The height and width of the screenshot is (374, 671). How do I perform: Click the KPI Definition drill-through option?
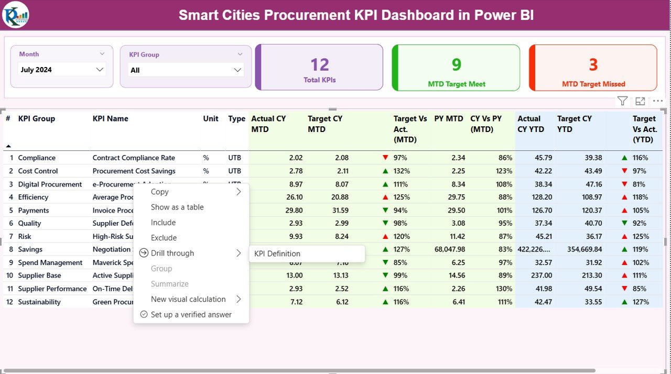click(x=277, y=254)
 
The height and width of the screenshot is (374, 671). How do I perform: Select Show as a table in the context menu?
click(x=177, y=207)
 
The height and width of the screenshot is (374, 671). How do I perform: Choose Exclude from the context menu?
click(x=164, y=238)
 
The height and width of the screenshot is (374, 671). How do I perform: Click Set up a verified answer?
click(x=191, y=315)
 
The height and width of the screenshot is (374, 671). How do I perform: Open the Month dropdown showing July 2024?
click(x=62, y=70)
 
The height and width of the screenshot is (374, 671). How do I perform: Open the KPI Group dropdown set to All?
click(x=186, y=70)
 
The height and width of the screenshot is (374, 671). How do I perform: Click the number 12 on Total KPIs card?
click(x=319, y=64)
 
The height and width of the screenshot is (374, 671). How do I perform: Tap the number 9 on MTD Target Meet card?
click(x=456, y=64)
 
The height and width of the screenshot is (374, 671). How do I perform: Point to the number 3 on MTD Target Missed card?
click(x=593, y=64)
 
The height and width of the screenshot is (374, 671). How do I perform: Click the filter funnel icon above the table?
click(x=622, y=101)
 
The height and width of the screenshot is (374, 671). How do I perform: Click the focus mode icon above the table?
click(x=640, y=101)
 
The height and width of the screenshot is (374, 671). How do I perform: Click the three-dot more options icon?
click(x=658, y=101)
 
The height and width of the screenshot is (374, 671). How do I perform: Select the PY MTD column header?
click(x=448, y=119)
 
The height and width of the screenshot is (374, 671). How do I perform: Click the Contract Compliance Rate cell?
click(x=134, y=158)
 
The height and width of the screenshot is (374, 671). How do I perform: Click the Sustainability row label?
click(x=39, y=302)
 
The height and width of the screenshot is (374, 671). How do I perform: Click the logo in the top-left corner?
click(x=16, y=15)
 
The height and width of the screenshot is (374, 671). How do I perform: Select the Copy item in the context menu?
click(x=159, y=192)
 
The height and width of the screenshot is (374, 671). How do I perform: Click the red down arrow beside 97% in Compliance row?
click(x=385, y=158)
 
